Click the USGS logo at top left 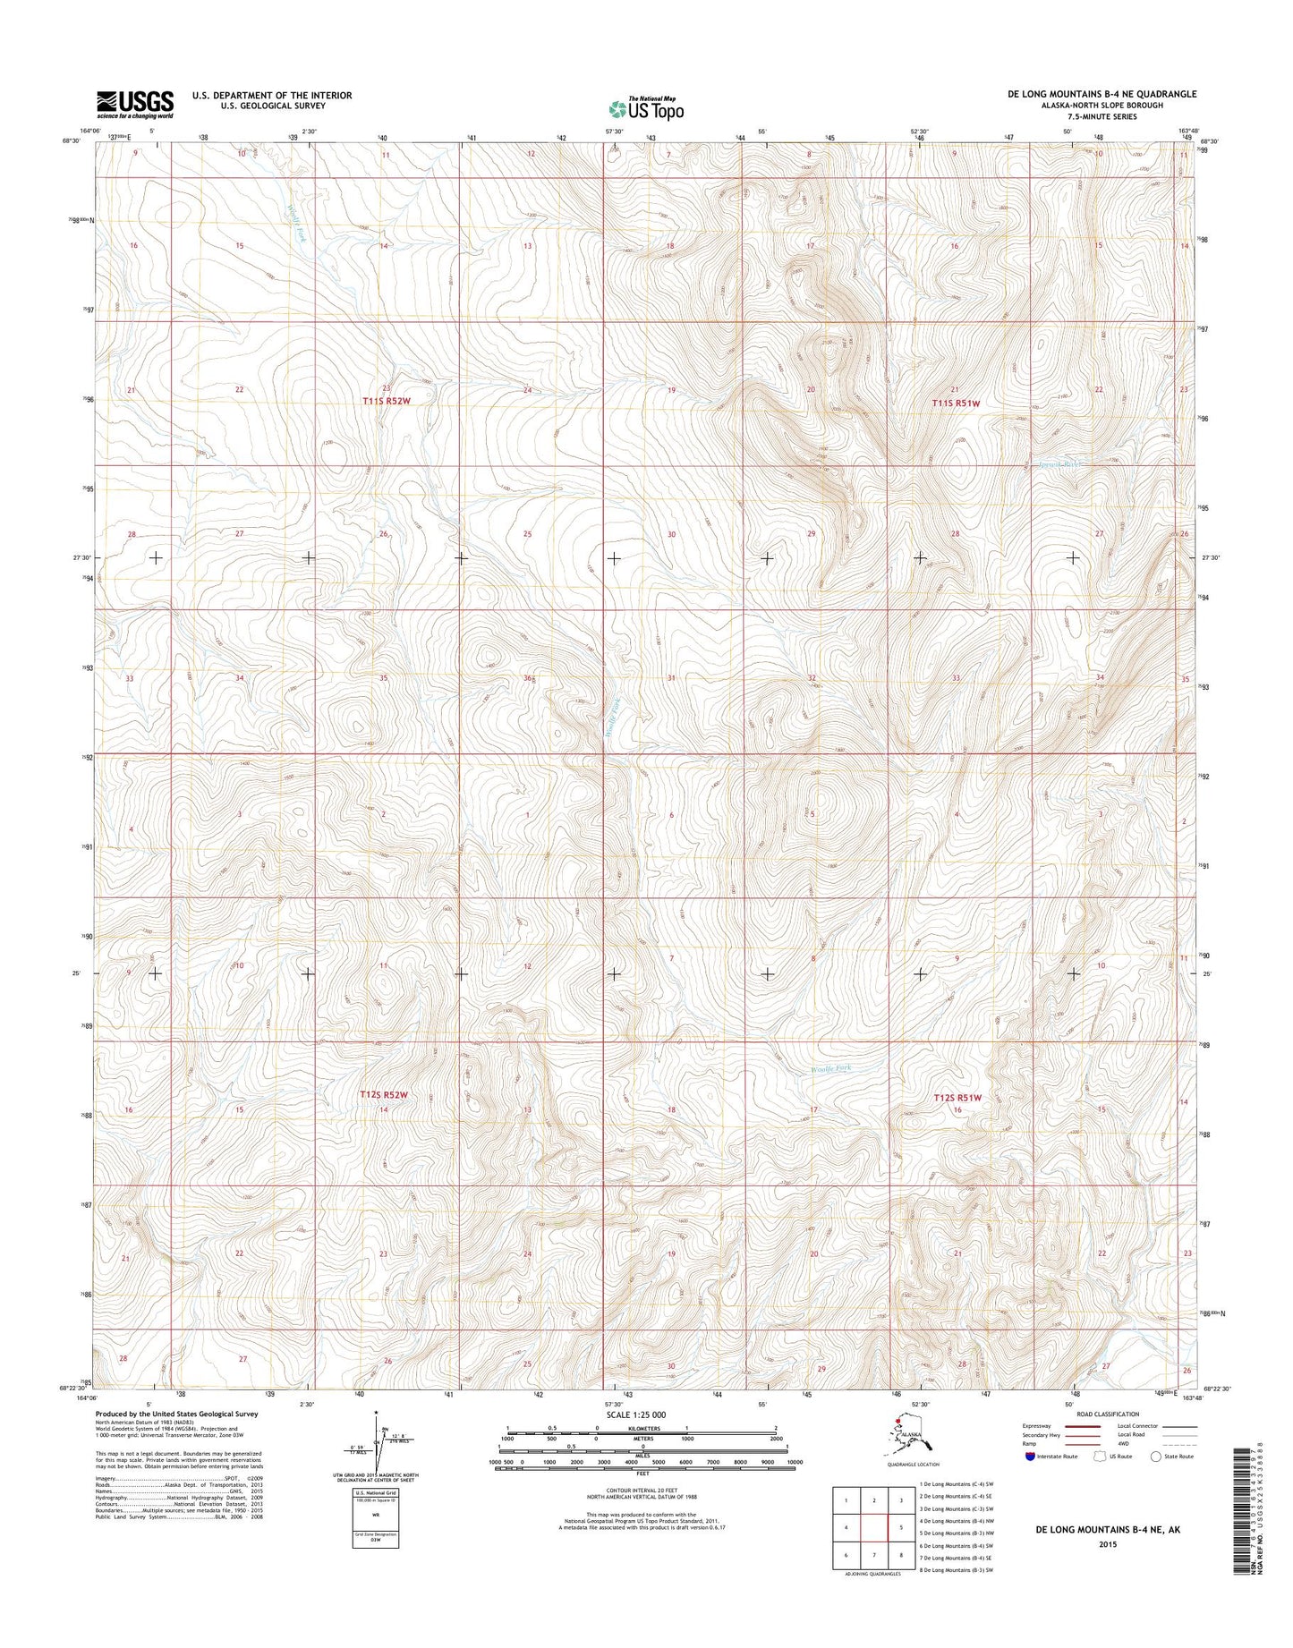pos(135,104)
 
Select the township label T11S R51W pos(956,404)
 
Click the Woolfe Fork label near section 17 pos(831,1068)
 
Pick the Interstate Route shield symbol pos(1032,1456)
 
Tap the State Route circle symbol pos(1157,1456)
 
